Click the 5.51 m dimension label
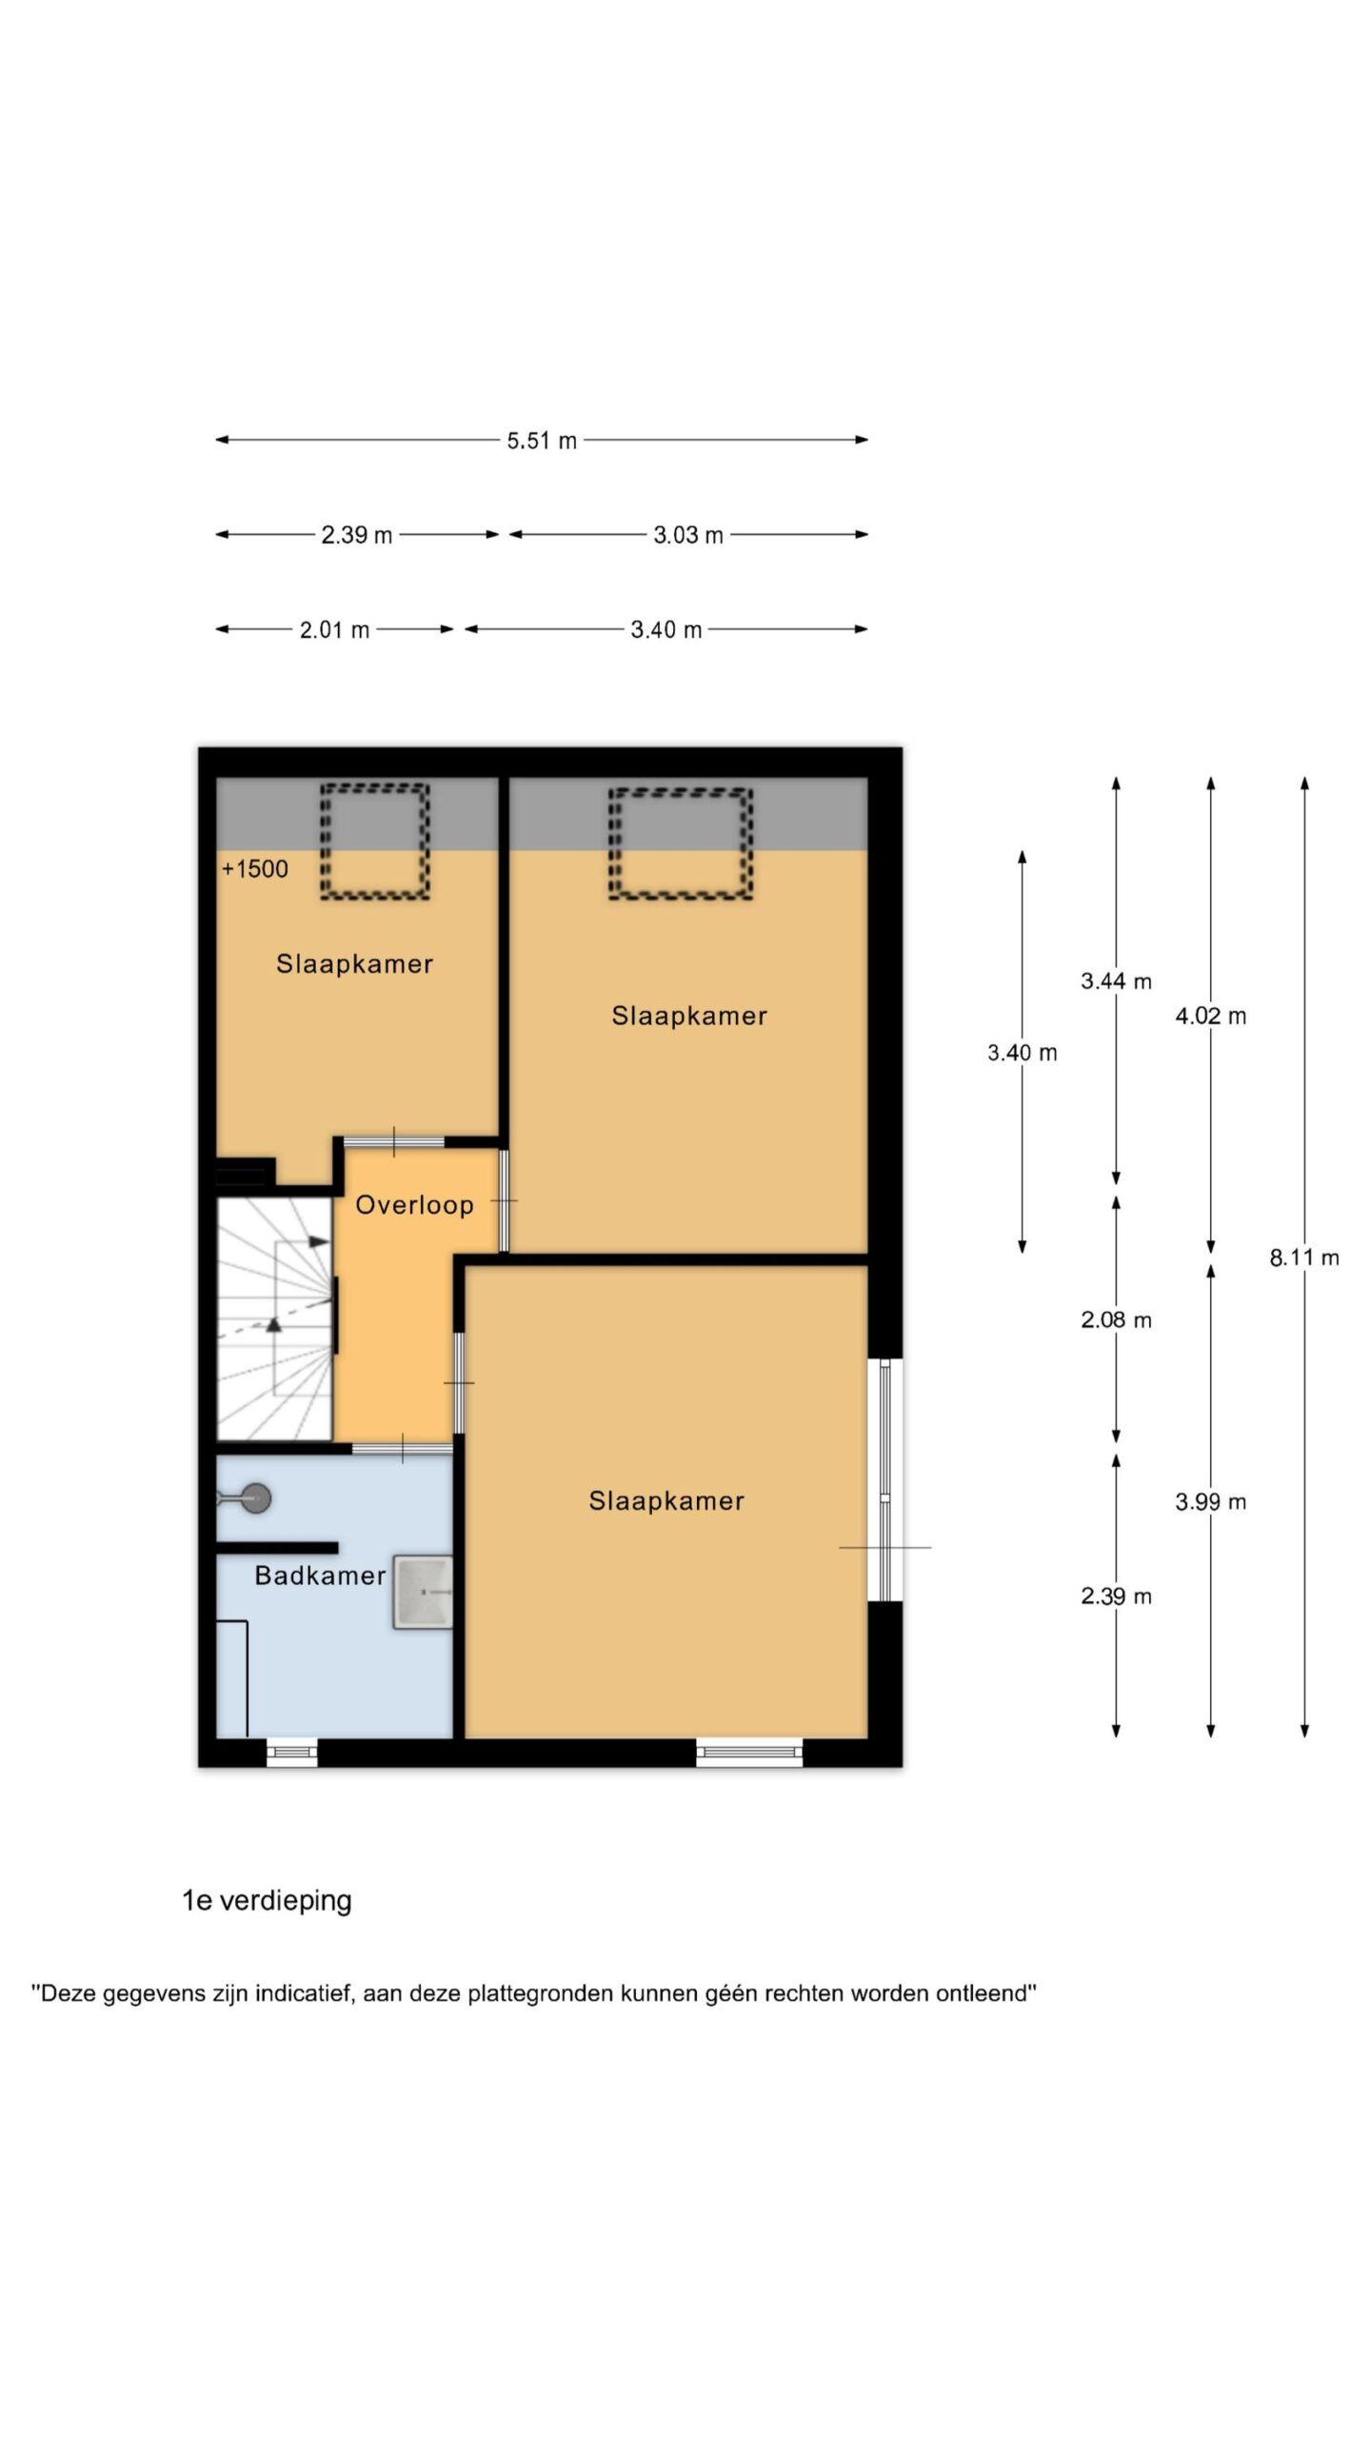tap(542, 441)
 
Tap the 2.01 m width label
tap(334, 630)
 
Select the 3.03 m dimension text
tap(688, 535)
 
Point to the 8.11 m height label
tap(1304, 1258)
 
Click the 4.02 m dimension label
tap(1210, 1016)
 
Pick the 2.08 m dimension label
tap(1116, 1320)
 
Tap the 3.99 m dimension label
tap(1210, 1502)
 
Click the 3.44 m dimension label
tap(1116, 981)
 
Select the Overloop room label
tap(414, 1205)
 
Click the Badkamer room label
tap(320, 1575)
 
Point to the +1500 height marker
tap(254, 868)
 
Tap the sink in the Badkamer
tap(422, 1593)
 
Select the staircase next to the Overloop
tap(274, 1318)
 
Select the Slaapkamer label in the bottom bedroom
tap(666, 1501)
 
